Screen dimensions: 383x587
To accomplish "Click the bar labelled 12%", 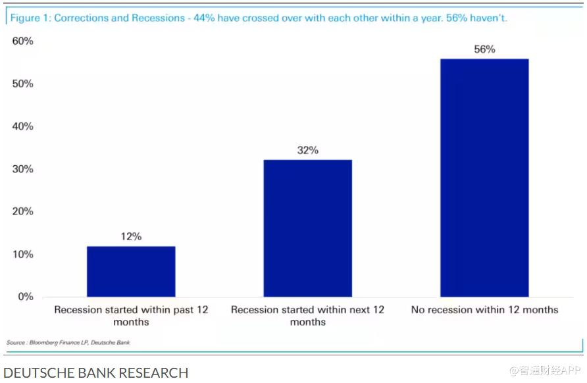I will click(x=131, y=271).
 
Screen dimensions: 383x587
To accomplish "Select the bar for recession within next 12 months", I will click(x=307, y=228).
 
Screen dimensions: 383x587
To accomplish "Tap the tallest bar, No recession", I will click(x=484, y=178).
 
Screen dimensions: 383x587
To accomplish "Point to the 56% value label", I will click(x=484, y=49).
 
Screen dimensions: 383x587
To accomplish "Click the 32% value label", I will click(x=307, y=150).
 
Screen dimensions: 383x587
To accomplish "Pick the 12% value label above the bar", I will click(x=131, y=237).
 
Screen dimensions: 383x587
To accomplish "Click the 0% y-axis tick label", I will click(x=26, y=297).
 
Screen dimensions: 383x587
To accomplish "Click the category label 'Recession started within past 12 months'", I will click(x=131, y=315).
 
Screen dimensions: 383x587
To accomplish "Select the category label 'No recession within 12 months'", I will click(x=484, y=309).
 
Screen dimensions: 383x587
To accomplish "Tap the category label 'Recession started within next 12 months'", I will click(x=307, y=315).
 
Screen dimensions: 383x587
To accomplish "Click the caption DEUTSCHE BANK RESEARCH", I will click(x=95, y=372).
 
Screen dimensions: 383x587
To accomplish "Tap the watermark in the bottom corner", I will click(x=546, y=370).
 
